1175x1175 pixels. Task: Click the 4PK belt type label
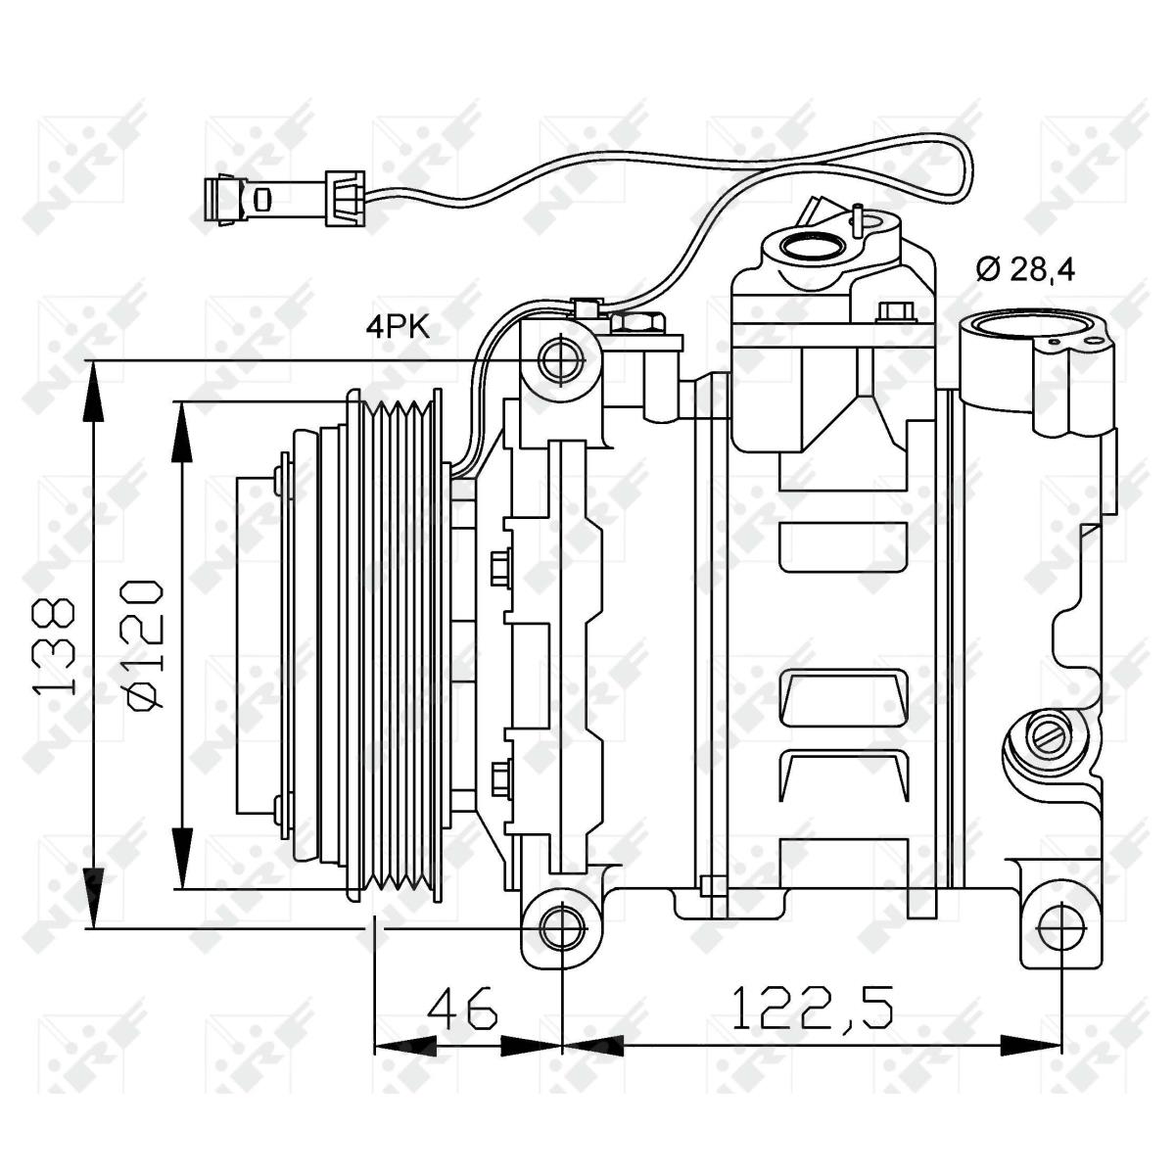[398, 328]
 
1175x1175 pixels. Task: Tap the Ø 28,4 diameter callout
[1026, 269]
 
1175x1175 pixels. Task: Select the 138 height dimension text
[55, 648]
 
